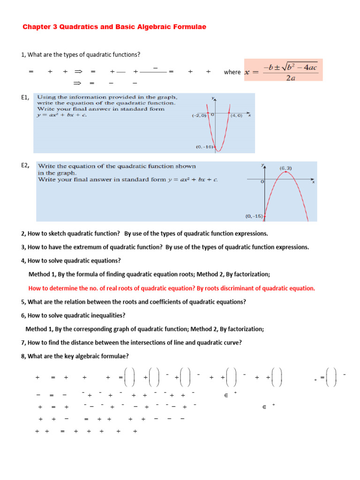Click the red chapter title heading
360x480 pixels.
(x=114, y=27)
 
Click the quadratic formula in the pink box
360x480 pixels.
(x=283, y=72)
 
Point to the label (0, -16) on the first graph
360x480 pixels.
(x=204, y=147)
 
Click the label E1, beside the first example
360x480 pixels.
(x=25, y=97)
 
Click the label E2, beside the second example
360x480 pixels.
(x=25, y=165)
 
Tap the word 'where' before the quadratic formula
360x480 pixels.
(x=232, y=72)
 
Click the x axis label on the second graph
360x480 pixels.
(x=313, y=182)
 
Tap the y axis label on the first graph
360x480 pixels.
(x=213, y=97)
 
